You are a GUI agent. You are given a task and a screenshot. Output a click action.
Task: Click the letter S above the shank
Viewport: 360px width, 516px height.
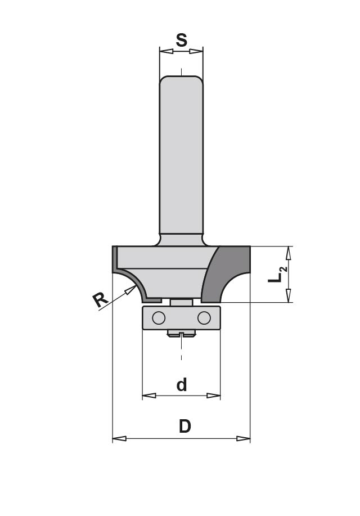point(181,40)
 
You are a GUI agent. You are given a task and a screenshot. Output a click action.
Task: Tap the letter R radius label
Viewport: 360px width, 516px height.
point(100,300)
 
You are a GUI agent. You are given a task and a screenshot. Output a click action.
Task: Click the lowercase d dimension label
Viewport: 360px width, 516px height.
point(181,385)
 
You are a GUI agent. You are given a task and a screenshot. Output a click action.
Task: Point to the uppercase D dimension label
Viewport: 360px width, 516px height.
point(185,427)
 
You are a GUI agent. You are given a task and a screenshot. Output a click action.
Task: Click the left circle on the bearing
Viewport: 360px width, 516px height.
point(159,318)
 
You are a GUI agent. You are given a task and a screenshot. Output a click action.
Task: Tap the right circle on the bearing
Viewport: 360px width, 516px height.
point(204,318)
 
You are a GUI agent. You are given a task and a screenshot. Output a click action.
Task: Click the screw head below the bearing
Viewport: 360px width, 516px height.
point(181,334)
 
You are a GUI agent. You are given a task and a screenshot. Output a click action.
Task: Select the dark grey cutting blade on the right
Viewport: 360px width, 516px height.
point(226,274)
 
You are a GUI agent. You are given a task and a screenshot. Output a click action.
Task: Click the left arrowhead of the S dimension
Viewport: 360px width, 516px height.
point(166,51)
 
